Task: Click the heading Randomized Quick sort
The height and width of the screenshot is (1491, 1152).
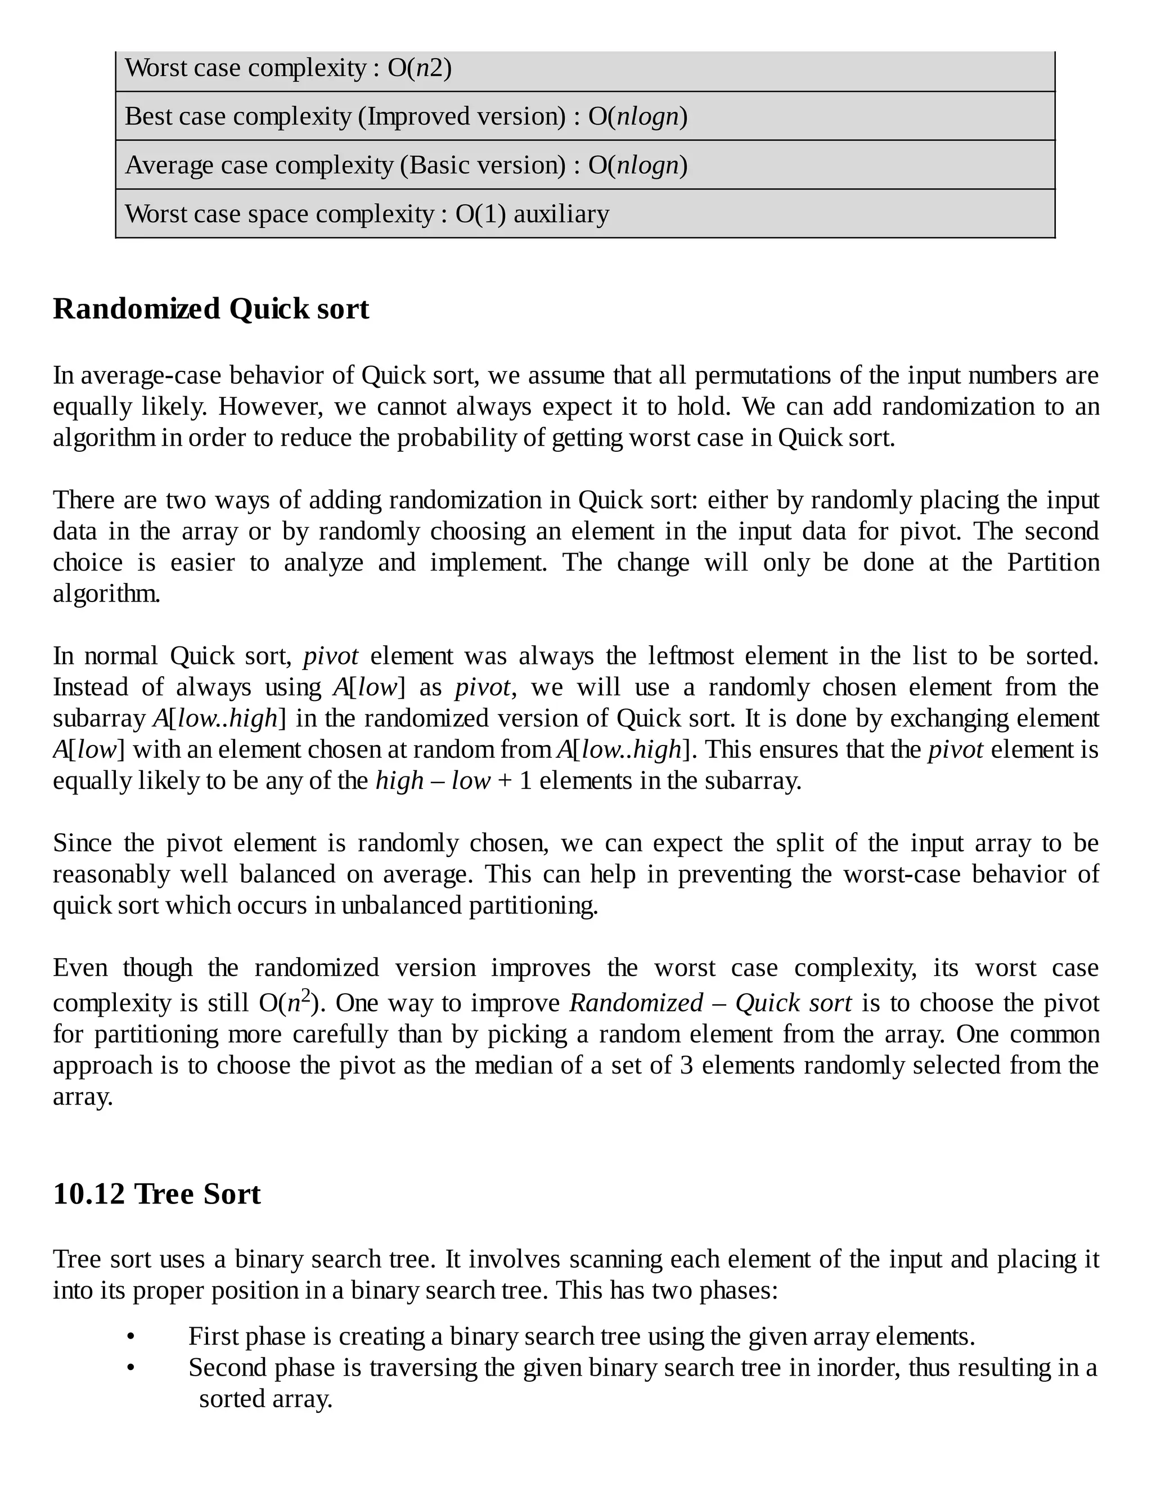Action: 211,309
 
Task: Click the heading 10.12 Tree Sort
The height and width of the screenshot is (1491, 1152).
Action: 156,1194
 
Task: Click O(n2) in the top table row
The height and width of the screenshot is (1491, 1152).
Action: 419,68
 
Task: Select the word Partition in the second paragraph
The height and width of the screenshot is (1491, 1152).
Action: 1053,563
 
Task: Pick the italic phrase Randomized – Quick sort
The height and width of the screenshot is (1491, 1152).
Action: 710,1003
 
